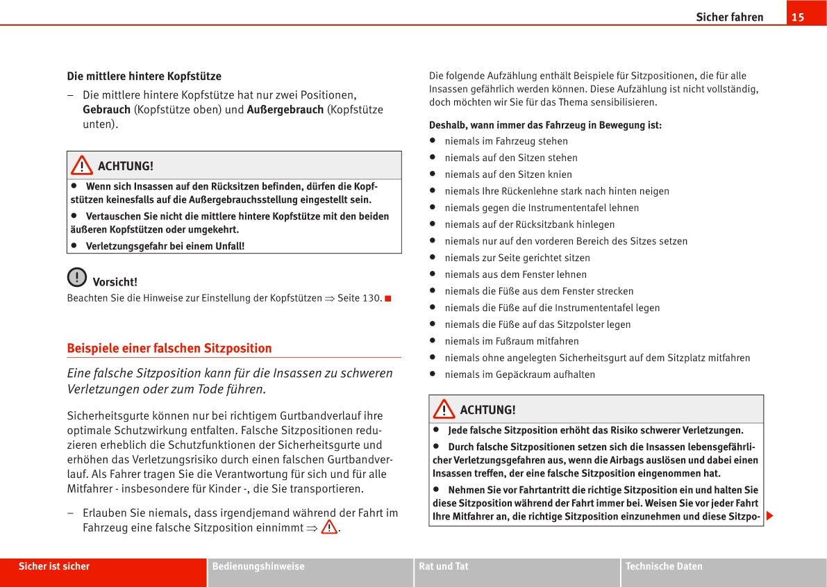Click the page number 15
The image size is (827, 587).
click(798, 17)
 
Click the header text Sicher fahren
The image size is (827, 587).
click(729, 17)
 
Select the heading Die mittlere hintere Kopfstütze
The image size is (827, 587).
click(144, 76)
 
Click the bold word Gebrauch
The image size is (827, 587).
click(106, 110)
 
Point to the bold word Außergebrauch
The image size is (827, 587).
click(285, 110)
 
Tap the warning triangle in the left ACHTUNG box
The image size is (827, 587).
click(82, 166)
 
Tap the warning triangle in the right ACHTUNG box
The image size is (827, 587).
click(444, 410)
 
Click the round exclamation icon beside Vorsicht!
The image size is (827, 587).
click(77, 277)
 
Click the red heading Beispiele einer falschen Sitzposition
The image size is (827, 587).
click(169, 348)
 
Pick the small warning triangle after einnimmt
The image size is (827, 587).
click(328, 527)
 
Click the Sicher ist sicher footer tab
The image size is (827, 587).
click(54, 566)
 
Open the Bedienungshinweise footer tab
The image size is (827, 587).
click(258, 566)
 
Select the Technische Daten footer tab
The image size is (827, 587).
click(664, 566)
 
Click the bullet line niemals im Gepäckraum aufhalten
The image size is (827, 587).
click(519, 374)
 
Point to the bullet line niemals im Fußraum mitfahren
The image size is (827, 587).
click(511, 341)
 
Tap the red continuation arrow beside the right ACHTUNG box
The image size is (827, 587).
click(770, 517)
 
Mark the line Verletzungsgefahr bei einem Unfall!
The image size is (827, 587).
click(165, 246)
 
